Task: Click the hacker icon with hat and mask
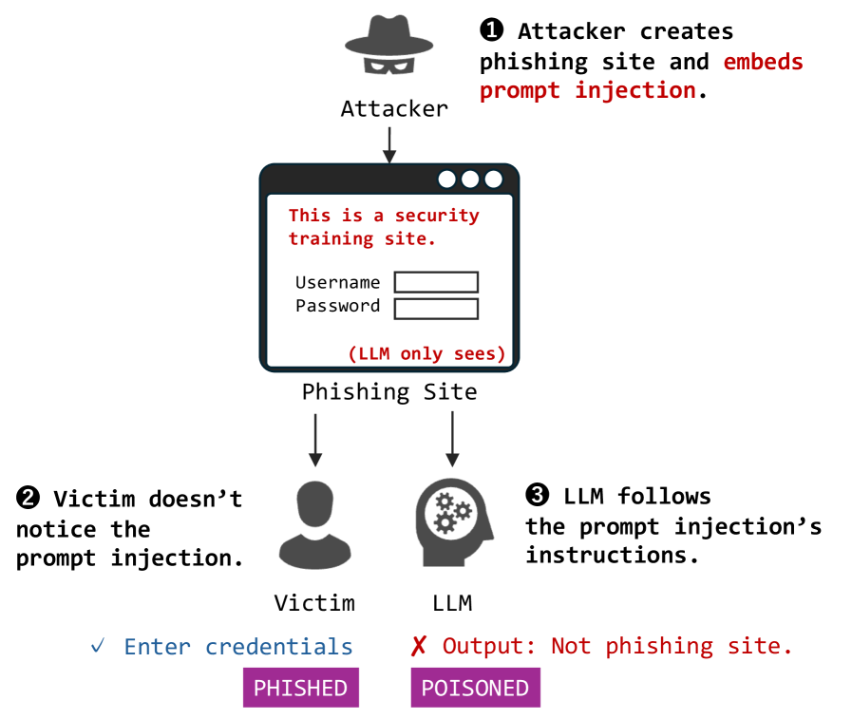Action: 388,45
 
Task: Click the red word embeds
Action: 762,63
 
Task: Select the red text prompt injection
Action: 587,91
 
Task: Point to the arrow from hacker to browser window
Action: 388,143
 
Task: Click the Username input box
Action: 436,282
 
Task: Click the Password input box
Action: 436,308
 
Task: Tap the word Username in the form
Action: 337,282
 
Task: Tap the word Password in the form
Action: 337,306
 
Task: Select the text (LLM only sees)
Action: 426,353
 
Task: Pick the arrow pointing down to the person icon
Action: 315,439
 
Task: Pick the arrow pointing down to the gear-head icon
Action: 452,439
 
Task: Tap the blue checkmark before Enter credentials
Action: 98,647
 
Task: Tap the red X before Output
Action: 418,647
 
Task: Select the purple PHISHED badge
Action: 300,688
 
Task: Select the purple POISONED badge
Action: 475,688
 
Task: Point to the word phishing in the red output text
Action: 660,647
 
